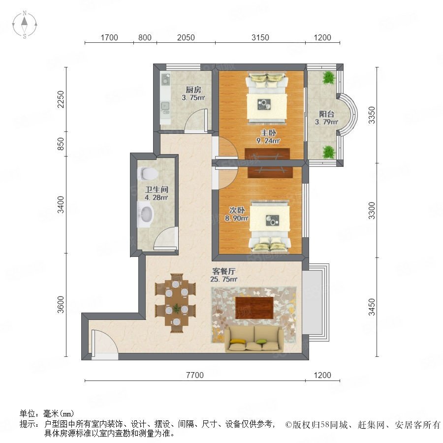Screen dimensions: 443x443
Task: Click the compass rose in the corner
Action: (25, 24)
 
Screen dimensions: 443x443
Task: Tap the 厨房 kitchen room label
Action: (193, 90)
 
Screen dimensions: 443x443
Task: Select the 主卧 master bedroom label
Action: (268, 132)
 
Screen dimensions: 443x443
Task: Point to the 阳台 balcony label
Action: (327, 114)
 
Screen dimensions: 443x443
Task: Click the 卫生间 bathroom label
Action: (157, 190)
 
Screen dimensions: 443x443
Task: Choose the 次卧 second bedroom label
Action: (237, 210)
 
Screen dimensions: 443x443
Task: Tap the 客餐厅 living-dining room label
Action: (224, 272)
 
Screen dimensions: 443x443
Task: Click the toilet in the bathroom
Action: (147, 173)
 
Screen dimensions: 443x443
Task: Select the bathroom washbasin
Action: (146, 214)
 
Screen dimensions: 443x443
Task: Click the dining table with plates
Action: (176, 303)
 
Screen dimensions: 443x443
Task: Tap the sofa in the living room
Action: (254, 339)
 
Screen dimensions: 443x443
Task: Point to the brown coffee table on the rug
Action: (254, 308)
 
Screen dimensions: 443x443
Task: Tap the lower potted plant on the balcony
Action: (329, 152)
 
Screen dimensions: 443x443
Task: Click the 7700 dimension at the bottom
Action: (195, 375)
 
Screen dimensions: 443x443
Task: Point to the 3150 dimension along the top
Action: (260, 37)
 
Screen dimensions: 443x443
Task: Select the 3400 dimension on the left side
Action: (61, 205)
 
